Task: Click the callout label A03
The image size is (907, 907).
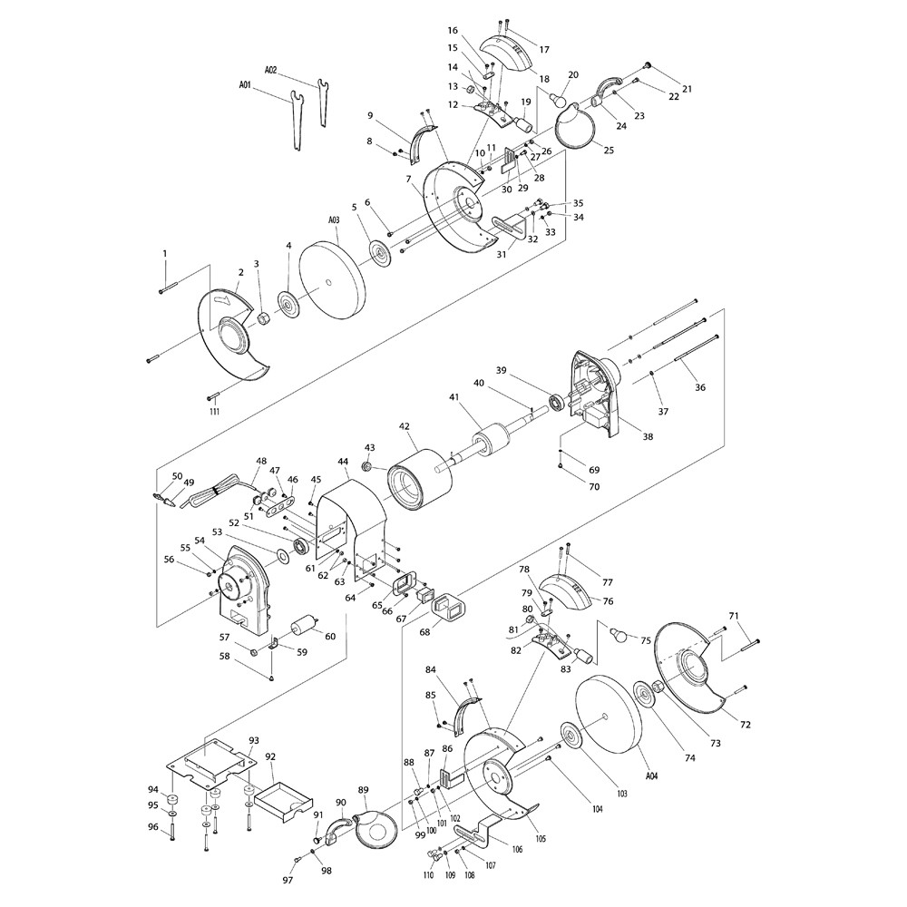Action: tap(334, 220)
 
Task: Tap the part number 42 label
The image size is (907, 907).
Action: tap(404, 426)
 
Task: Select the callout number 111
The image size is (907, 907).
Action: tap(215, 411)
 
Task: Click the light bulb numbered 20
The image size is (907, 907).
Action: tap(557, 99)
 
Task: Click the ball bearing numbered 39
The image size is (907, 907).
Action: tap(558, 402)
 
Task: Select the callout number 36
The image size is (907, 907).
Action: tap(700, 387)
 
